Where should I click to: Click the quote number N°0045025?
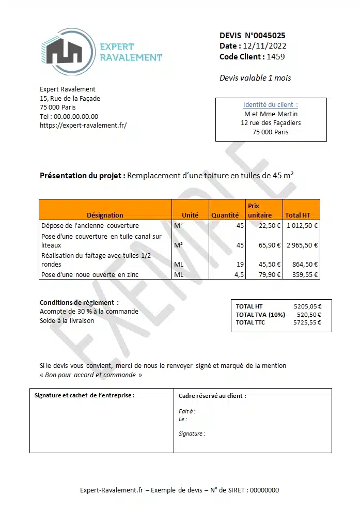[x=264, y=36]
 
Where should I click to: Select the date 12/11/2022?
[x=264, y=46]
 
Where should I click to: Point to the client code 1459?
[x=276, y=57]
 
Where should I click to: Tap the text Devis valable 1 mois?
[x=255, y=78]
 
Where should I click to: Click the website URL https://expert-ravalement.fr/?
[x=83, y=126]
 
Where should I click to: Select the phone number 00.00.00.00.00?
[x=76, y=117]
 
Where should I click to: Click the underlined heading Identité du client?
[x=270, y=105]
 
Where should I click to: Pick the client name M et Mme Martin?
[x=271, y=114]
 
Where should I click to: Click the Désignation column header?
[x=105, y=215]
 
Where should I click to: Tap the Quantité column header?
[x=225, y=215]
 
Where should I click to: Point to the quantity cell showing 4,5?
[x=239, y=274]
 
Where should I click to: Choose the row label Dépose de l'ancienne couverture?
[x=90, y=225]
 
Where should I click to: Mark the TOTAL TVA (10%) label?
[x=260, y=315]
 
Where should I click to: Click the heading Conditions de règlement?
[x=79, y=302]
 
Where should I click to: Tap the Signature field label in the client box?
[x=191, y=434]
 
